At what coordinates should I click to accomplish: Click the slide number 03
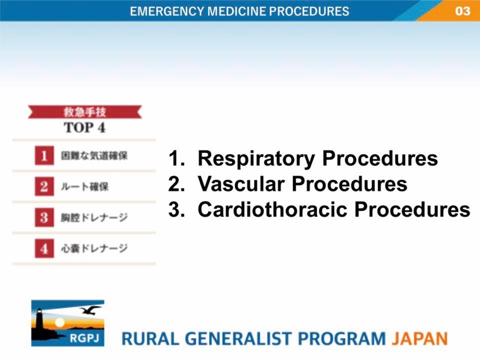click(x=462, y=11)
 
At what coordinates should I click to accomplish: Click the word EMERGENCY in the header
click(x=167, y=11)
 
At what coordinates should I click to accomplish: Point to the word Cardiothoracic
click(x=272, y=209)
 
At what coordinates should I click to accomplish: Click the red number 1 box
click(x=44, y=155)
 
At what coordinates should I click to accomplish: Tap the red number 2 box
click(x=44, y=186)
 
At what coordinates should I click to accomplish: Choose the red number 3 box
click(x=44, y=217)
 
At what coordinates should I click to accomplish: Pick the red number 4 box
click(x=44, y=248)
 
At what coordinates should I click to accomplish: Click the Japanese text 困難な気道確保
click(x=94, y=156)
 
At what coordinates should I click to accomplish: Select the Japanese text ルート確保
click(x=85, y=186)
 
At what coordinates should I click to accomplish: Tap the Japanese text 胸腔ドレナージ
click(x=94, y=217)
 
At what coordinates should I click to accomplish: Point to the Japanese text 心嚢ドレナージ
click(x=94, y=248)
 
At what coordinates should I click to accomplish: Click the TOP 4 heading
click(x=84, y=127)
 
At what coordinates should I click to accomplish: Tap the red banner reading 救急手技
click(x=85, y=112)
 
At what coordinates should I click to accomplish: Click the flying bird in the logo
click(x=90, y=310)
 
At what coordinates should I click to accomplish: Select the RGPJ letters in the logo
click(x=84, y=338)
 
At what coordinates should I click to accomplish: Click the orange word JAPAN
click(x=419, y=338)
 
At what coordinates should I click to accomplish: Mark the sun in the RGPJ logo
click(x=59, y=322)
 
